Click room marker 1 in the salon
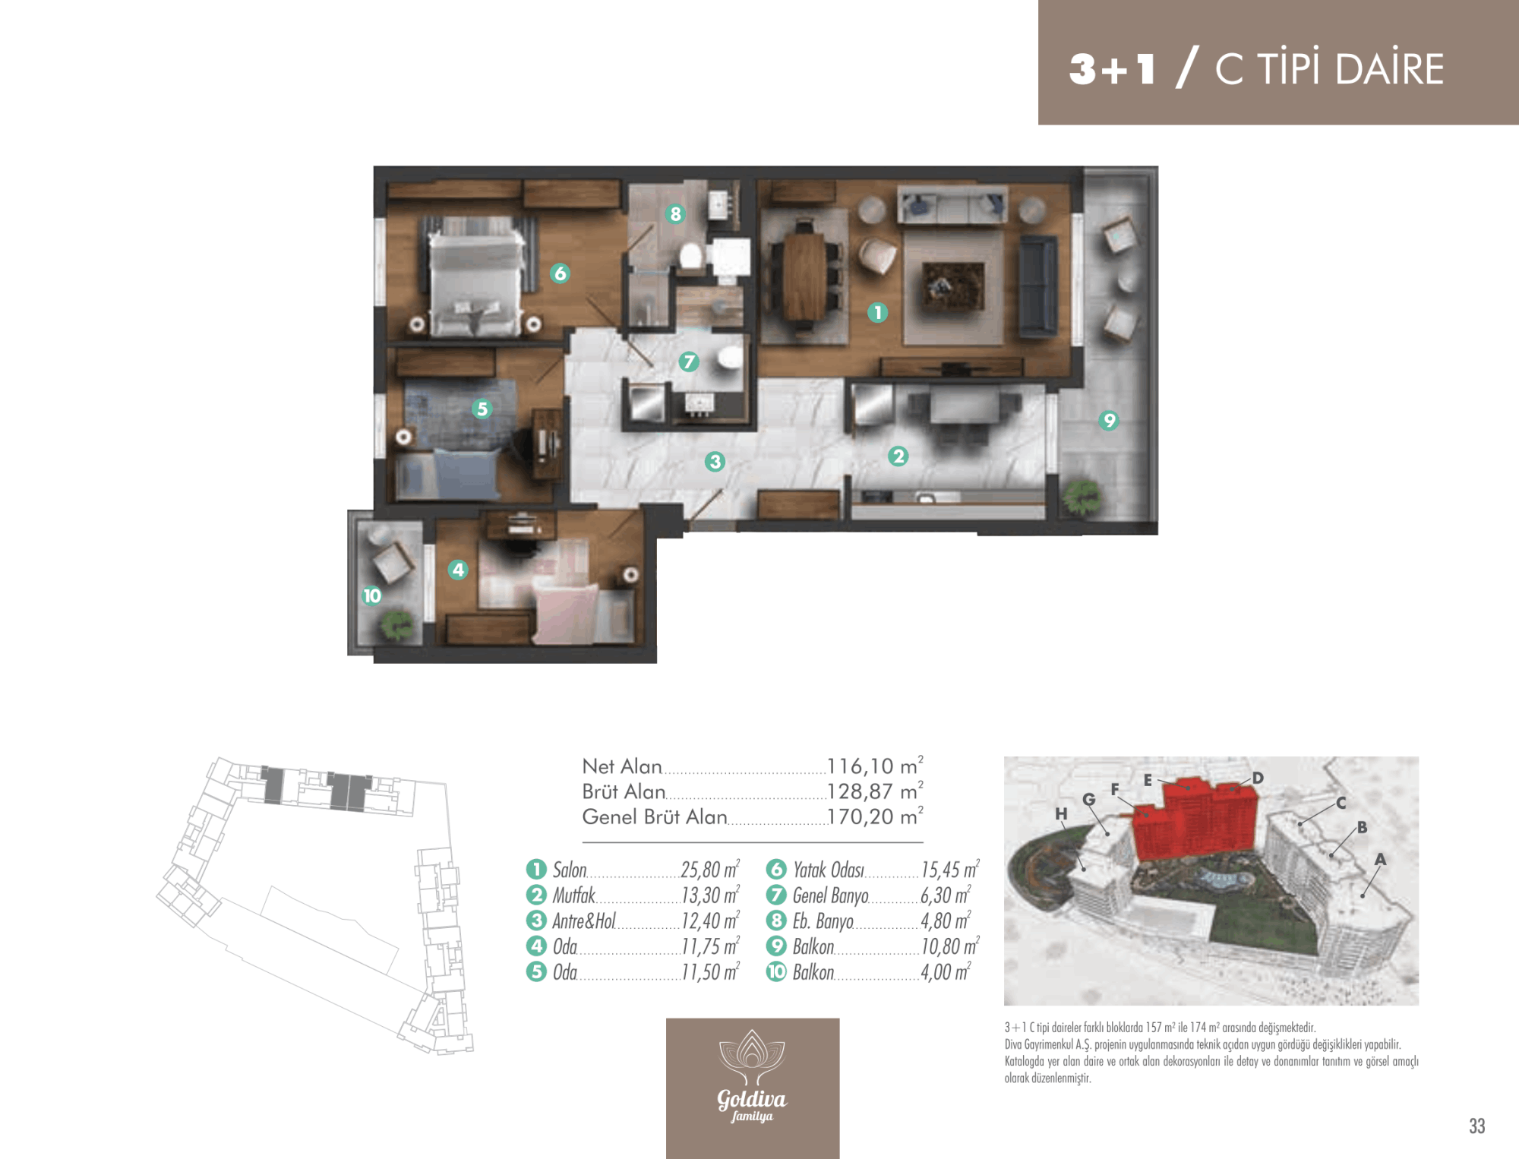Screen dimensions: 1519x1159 pyautogui.click(x=877, y=312)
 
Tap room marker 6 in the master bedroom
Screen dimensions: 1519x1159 pyautogui.click(x=561, y=273)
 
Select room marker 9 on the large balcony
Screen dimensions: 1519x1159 pyautogui.click(x=1109, y=420)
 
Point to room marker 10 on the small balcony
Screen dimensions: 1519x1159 pyautogui.click(x=372, y=595)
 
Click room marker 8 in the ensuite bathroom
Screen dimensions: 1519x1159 pyautogui.click(x=675, y=214)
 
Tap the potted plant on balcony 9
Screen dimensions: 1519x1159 pyautogui.click(x=1082, y=497)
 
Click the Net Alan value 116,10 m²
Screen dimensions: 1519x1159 pyautogui.click(x=875, y=766)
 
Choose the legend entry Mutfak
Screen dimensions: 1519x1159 pyautogui.click(x=574, y=895)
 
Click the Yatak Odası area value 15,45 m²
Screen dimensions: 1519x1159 pyautogui.click(x=950, y=870)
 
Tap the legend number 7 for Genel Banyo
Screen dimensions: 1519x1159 pyautogui.click(x=776, y=895)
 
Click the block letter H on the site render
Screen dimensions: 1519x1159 pyautogui.click(x=1061, y=813)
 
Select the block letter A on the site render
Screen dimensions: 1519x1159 pyautogui.click(x=1381, y=859)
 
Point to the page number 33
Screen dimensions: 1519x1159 pyautogui.click(x=1477, y=1126)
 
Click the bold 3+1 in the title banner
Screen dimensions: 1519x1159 pyautogui.click(x=1113, y=69)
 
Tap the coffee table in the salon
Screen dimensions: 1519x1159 pyautogui.click(x=953, y=286)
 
